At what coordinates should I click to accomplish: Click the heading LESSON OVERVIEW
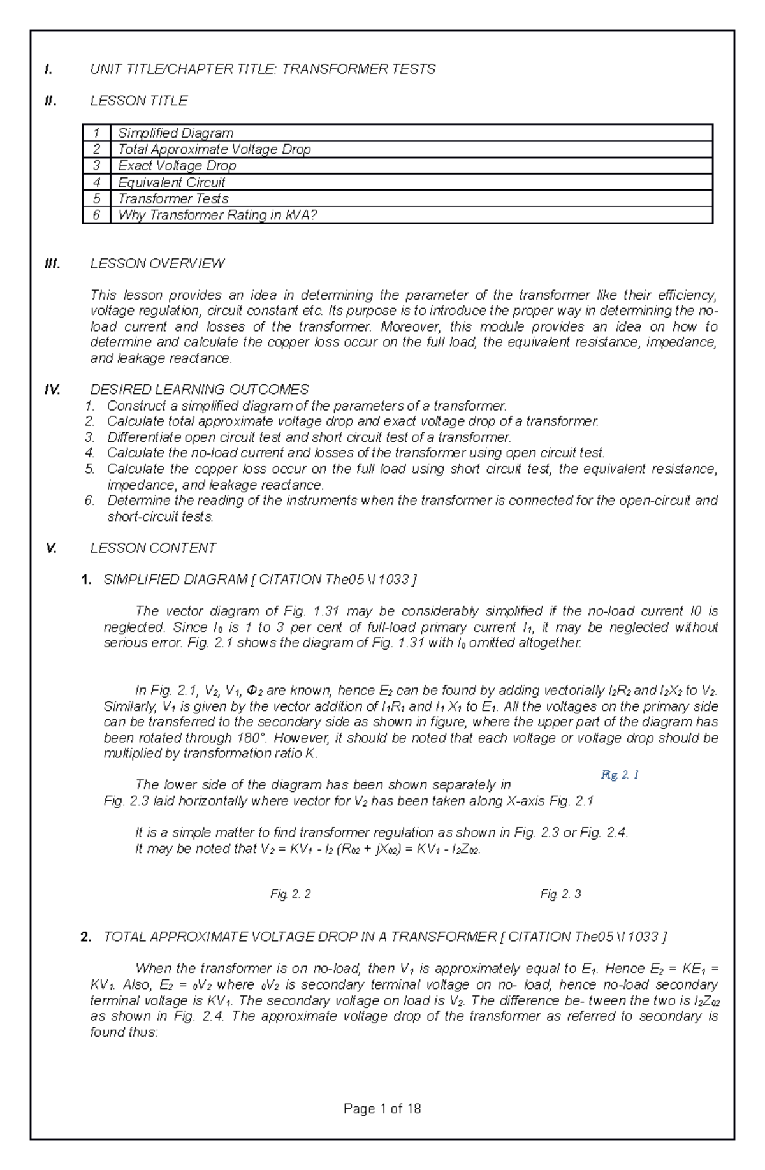coord(157,263)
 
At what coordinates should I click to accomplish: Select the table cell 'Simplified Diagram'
coord(175,133)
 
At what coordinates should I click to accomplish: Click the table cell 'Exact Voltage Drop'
coord(177,166)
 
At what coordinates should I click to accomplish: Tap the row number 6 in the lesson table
coord(96,216)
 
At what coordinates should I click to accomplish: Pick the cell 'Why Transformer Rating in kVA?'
coord(217,216)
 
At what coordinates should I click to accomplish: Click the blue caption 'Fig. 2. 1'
coord(620,775)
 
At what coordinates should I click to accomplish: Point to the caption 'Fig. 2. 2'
coord(291,894)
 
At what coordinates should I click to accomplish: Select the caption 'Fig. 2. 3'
coord(560,894)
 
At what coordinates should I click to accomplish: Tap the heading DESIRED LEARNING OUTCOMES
coord(199,389)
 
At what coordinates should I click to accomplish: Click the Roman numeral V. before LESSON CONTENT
coord(52,548)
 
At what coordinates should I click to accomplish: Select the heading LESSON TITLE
coord(138,101)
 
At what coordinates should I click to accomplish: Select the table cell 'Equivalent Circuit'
coord(171,182)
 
